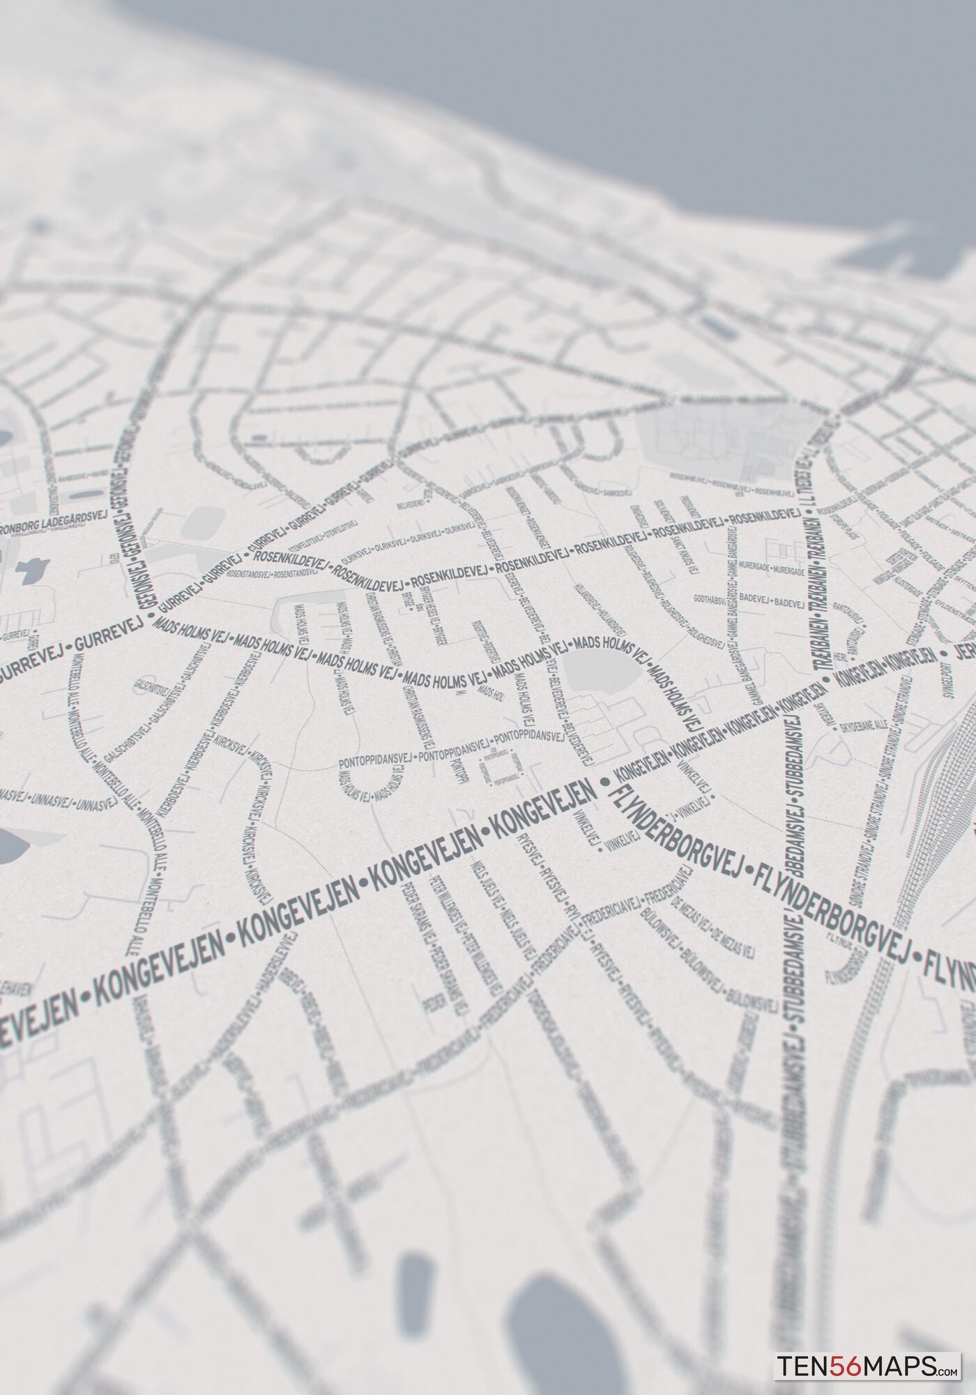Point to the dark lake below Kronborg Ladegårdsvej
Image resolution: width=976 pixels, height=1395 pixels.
(x=31, y=572)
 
